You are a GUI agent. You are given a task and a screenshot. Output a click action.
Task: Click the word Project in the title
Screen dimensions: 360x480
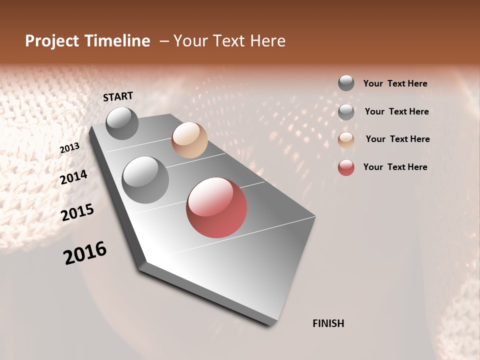pos(51,41)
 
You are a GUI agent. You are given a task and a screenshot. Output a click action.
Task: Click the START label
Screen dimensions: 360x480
pos(118,96)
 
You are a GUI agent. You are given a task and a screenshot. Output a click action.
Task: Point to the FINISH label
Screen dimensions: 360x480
pos(328,323)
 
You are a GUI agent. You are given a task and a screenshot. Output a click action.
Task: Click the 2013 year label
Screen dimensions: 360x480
pos(69,148)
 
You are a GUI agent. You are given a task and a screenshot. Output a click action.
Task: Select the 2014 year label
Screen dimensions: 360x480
pos(74,177)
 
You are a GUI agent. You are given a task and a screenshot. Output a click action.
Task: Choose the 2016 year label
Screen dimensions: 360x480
pos(85,253)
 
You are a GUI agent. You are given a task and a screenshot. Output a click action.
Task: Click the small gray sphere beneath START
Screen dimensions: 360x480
pos(122,123)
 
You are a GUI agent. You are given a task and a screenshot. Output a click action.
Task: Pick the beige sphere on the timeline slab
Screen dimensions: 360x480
pos(189,140)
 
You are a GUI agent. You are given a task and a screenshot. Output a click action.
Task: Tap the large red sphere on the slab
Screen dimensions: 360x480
pos(216,207)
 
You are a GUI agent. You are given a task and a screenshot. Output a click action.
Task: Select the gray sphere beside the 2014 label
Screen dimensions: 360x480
pos(145,179)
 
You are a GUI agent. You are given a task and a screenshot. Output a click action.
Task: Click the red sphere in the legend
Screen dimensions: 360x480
pos(346,167)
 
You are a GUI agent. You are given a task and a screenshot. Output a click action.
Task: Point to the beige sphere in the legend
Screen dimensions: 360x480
pos(346,140)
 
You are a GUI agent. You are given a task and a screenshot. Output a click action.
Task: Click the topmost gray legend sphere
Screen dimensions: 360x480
pos(346,83)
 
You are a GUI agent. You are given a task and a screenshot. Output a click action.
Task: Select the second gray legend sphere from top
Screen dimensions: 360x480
pos(346,112)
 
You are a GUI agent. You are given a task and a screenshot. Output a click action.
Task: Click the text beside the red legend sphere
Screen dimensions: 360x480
pos(395,167)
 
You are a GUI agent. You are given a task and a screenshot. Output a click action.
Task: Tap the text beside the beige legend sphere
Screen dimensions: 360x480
pos(397,139)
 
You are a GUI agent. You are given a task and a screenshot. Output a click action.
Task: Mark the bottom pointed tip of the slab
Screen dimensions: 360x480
pos(272,324)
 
